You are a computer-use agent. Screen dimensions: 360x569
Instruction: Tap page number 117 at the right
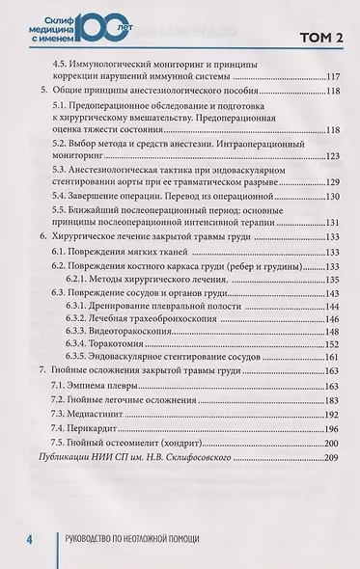pos(335,77)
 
